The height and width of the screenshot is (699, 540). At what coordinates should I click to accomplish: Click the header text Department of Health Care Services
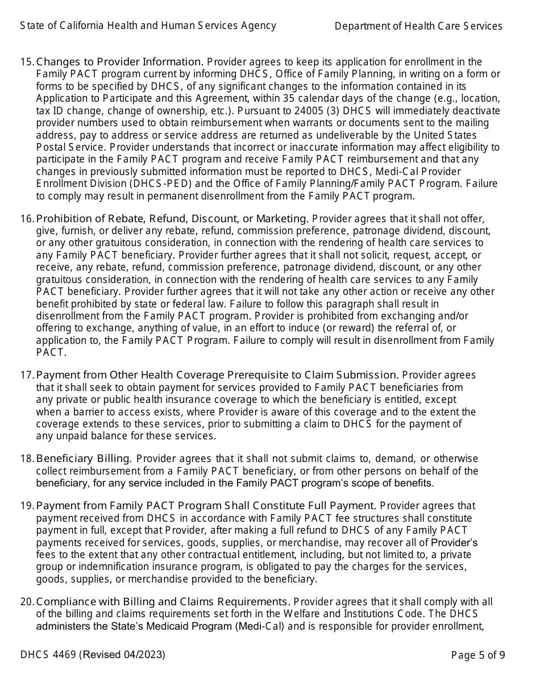(418, 26)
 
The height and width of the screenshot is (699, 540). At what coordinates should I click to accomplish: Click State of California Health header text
(148, 26)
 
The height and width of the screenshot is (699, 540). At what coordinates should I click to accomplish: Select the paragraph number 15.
(27, 62)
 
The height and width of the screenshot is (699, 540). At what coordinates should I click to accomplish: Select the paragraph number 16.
(27, 219)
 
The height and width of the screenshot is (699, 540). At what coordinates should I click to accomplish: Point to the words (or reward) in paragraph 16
(321, 328)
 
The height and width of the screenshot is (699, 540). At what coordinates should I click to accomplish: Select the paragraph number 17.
(27, 375)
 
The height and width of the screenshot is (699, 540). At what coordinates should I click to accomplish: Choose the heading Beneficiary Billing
(84, 459)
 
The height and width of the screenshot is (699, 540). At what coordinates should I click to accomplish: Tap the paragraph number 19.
(27, 506)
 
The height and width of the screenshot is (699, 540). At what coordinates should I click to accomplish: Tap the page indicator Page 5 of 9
(477, 655)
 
